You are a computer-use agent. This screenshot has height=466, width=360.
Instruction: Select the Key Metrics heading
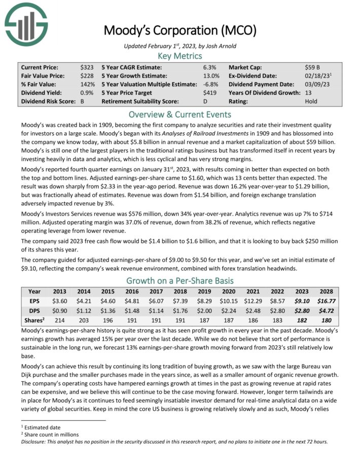tap(179, 56)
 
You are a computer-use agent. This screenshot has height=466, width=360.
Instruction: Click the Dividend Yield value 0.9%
tap(86, 93)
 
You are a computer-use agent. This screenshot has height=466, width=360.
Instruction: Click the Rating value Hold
tap(312, 101)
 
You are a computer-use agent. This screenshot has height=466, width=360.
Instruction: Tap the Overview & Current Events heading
tap(179, 114)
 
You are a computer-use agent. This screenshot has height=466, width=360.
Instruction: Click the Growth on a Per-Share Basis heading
tap(179, 280)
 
